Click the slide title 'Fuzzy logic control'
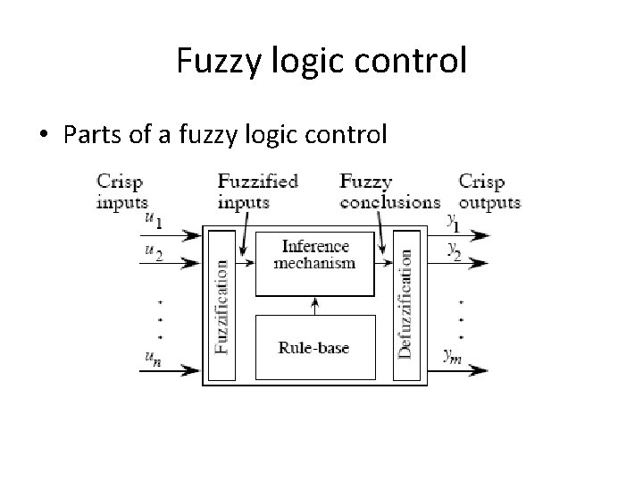321,63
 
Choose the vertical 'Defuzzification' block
406,305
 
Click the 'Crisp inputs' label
122,191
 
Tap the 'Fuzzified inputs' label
257,191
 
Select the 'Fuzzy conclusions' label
389,191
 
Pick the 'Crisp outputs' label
489,191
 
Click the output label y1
454,218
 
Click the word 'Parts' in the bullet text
87,135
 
